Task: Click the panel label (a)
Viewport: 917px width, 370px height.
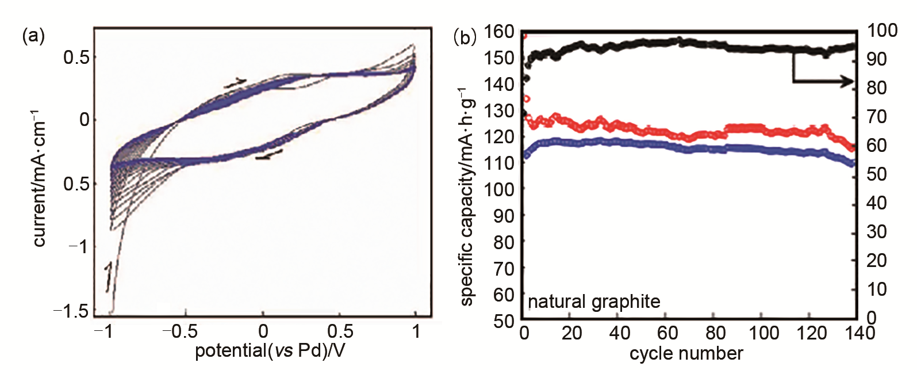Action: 33,36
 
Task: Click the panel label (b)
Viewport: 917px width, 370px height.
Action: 465,37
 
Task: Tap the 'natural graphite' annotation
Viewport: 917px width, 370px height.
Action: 594,302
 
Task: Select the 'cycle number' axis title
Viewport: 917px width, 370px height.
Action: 686,353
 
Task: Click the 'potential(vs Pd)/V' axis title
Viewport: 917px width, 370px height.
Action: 270,350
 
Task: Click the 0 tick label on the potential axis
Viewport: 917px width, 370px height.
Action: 263,331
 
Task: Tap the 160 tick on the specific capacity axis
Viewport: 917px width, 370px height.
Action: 498,32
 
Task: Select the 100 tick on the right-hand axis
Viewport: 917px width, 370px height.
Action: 882,30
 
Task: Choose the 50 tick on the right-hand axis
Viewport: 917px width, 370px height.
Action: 877,174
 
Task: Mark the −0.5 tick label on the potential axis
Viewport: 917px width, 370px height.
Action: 179,331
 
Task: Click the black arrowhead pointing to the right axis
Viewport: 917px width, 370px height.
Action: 847,82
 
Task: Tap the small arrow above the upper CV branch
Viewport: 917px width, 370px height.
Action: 235,83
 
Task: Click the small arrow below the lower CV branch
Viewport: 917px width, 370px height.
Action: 269,154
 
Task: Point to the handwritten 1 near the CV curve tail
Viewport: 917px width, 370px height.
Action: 108,276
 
